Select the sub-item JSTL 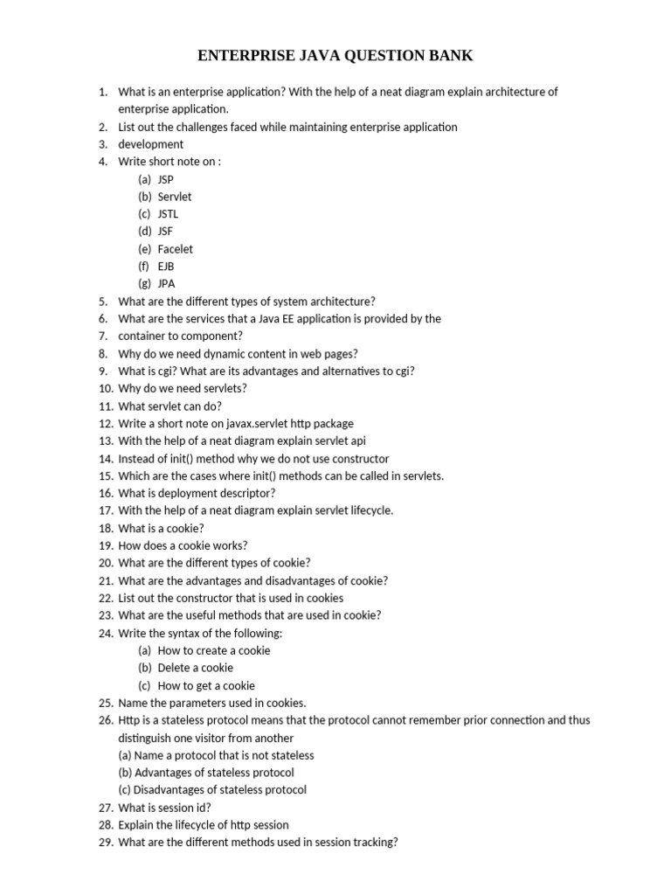pyautogui.click(x=168, y=214)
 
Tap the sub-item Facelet pyautogui.click(x=176, y=249)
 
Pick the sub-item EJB pyautogui.click(x=166, y=267)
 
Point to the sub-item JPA pyautogui.click(x=166, y=284)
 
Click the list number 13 pyautogui.click(x=105, y=441)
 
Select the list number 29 pyautogui.click(x=105, y=843)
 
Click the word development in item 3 pyautogui.click(x=151, y=144)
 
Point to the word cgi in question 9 pyautogui.click(x=162, y=371)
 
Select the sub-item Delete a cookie pyautogui.click(x=196, y=668)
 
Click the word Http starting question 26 pyautogui.click(x=128, y=720)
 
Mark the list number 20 pyautogui.click(x=105, y=563)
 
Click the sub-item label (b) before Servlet pyautogui.click(x=145, y=197)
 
